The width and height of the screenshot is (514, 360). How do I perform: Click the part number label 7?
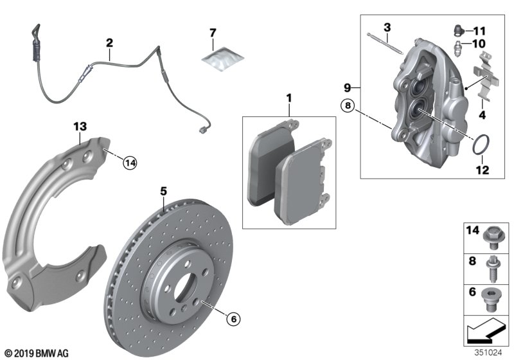pos(213,33)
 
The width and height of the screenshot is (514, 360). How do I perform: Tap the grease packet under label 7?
pos(222,59)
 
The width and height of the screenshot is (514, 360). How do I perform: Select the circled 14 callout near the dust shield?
pos(130,163)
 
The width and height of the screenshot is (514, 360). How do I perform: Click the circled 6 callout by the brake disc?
pos(233,319)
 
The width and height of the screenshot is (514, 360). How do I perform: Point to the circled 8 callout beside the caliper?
pos(348,105)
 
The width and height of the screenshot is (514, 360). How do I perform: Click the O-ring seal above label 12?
pos(481,144)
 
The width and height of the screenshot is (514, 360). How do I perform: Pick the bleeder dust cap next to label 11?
pos(458,30)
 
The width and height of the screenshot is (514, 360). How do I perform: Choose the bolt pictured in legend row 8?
pos(492,269)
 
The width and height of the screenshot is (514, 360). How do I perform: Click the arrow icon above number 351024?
pos(486,330)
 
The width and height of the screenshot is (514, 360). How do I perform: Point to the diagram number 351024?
pos(488,353)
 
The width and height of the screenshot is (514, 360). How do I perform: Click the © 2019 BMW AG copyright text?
pos(37,354)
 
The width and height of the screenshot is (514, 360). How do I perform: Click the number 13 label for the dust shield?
pos(80,127)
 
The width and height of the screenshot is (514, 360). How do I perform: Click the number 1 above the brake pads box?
pos(288,98)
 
